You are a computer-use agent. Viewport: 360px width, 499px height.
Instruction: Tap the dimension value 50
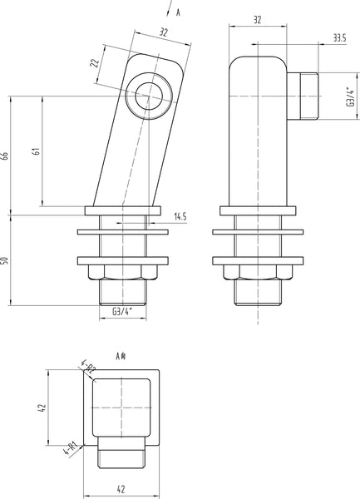(7, 259)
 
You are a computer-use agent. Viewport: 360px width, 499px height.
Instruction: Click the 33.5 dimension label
(338, 37)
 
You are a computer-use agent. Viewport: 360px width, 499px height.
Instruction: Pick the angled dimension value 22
(95, 63)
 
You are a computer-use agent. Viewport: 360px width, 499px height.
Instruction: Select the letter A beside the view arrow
(178, 12)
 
